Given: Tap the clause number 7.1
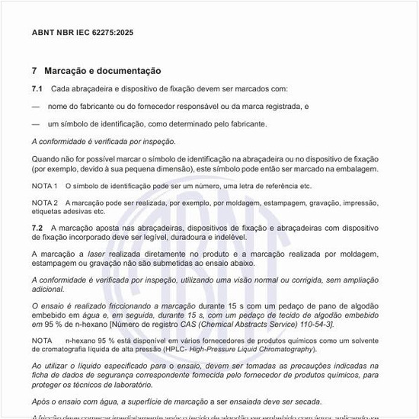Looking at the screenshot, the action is pyautogui.click(x=37, y=89).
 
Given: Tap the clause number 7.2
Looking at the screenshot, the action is pyautogui.click(x=37, y=228).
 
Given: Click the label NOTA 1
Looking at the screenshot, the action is pyautogui.click(x=45, y=186).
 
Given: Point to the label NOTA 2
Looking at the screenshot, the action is pyautogui.click(x=45, y=203).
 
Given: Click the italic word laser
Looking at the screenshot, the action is pyautogui.click(x=98, y=253).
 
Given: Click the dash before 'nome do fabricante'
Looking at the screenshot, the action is pyautogui.click(x=36, y=107).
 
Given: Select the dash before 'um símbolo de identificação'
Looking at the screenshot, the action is pyautogui.click(x=36, y=123).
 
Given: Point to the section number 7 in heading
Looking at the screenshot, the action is pyautogui.click(x=34, y=70).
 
